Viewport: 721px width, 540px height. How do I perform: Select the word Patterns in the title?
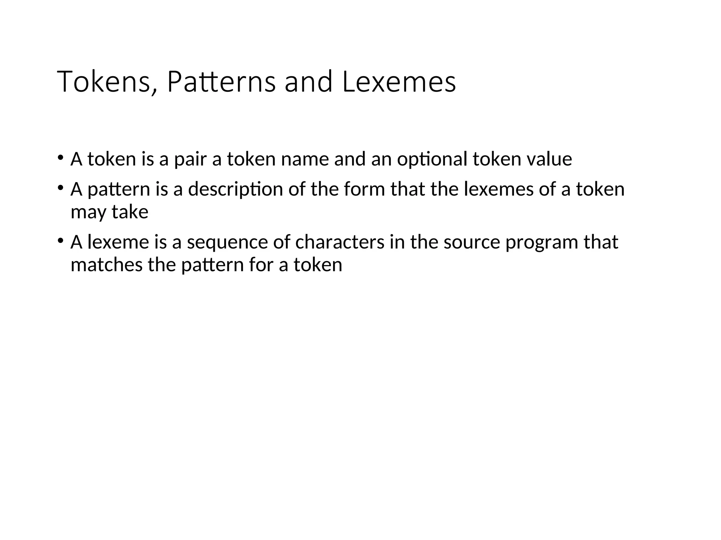221,82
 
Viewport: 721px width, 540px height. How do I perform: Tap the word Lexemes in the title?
399,82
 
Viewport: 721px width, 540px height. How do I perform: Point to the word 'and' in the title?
308,82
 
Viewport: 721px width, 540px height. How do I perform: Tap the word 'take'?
130,212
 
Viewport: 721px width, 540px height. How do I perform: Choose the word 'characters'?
340,242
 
